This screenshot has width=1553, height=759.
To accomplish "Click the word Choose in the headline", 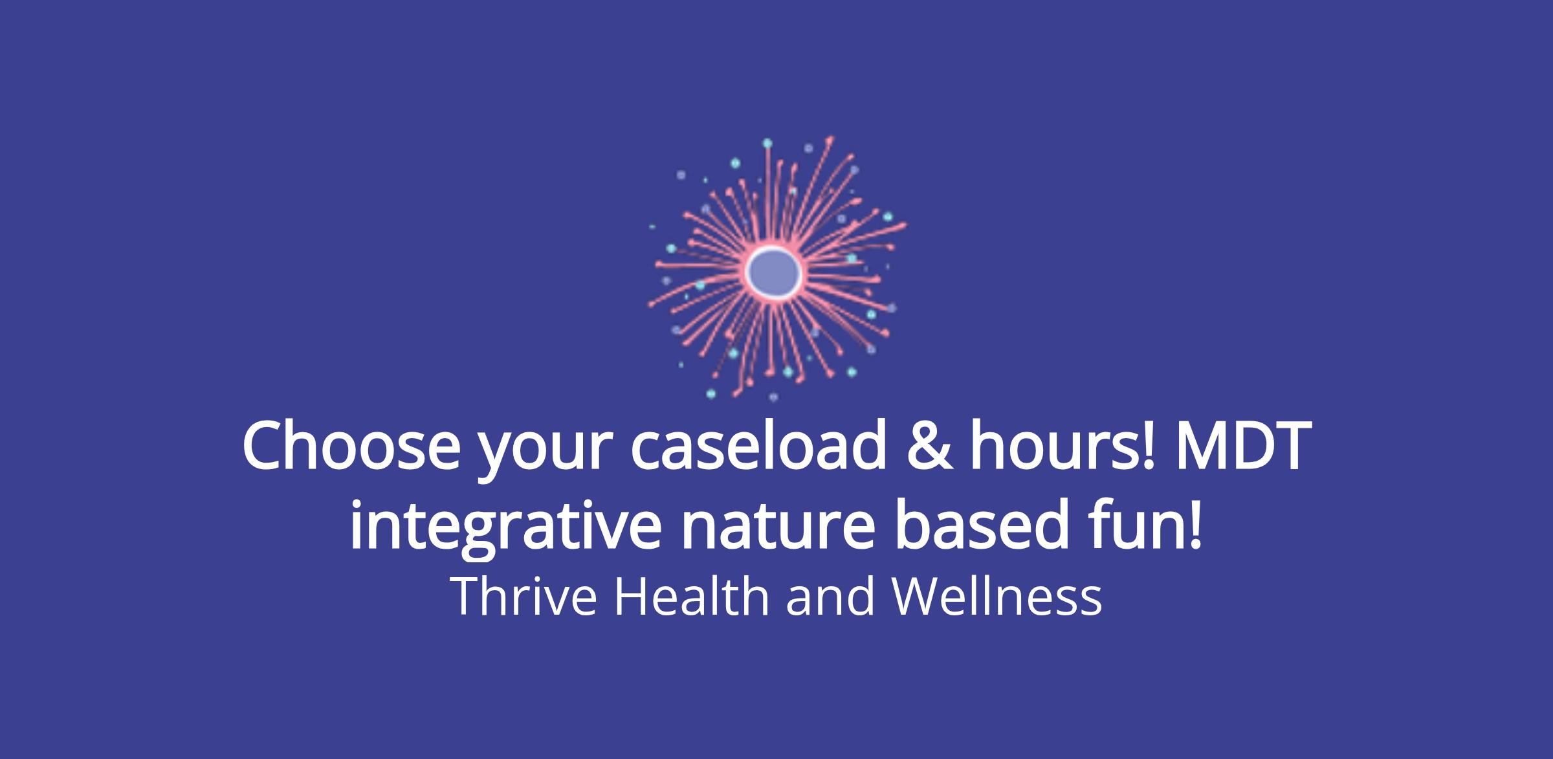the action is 349,447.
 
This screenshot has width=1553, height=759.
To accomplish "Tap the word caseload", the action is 758,447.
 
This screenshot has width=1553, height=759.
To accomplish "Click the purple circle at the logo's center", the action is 773,272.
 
